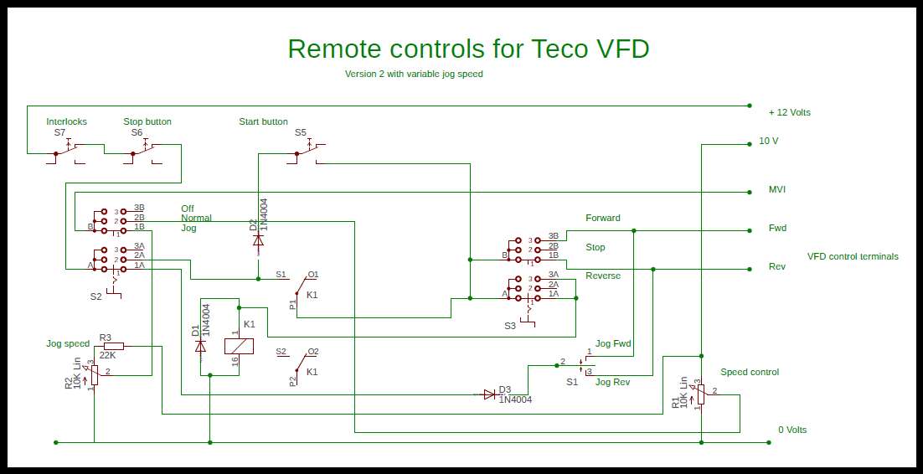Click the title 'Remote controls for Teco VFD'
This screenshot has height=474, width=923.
(468, 49)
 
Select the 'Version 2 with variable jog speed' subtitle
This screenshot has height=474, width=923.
(414, 75)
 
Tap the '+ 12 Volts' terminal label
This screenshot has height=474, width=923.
(789, 112)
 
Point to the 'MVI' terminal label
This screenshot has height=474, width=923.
(777, 189)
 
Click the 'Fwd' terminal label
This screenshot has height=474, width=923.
(777, 228)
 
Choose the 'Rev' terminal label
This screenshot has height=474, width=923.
(777, 266)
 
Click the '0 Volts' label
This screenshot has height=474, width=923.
(792, 430)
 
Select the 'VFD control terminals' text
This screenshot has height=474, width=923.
(853, 256)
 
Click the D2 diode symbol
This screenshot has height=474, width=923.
(258, 240)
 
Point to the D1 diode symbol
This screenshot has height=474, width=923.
(200, 347)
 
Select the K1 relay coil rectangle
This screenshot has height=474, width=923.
(239, 346)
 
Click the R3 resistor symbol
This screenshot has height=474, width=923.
(114, 346)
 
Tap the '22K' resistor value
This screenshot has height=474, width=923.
(108, 356)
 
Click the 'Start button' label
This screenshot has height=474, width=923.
(263, 122)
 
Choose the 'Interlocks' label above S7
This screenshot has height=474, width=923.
(66, 122)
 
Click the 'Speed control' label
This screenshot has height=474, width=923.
(750, 372)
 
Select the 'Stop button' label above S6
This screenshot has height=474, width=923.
(147, 122)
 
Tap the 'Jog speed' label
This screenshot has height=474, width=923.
(69, 344)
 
